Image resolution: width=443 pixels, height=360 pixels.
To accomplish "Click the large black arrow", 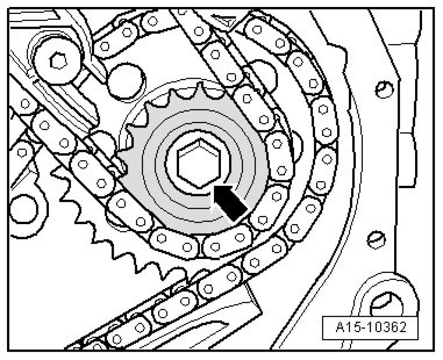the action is [x=230, y=202].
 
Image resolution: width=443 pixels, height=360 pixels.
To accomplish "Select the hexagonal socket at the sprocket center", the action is [x=199, y=164].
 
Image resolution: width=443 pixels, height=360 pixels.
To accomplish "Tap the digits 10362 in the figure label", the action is [x=383, y=327].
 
